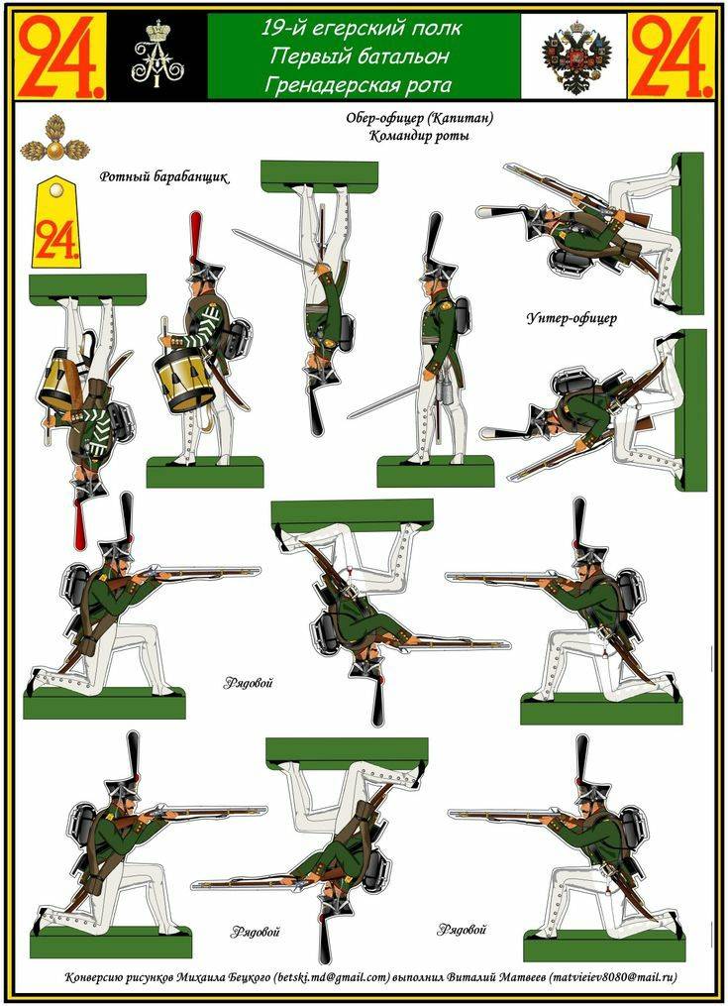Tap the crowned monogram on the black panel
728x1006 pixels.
pyautogui.click(x=156, y=56)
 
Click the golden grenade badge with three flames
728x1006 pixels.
pyautogui.click(x=47, y=141)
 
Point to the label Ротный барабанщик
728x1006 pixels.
pyautogui.click(x=164, y=178)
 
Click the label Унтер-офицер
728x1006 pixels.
pyautogui.click(x=572, y=318)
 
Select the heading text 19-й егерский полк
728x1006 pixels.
pyautogui.click(x=362, y=29)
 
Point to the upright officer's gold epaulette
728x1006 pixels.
pyautogui.click(x=458, y=290)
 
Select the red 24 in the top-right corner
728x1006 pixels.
pyautogui.click(x=671, y=56)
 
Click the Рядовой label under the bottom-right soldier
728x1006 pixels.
pyautogui.click(x=462, y=930)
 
